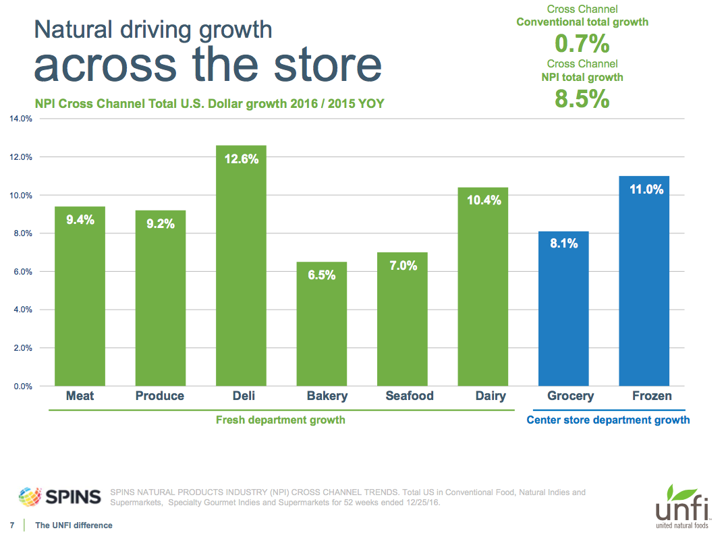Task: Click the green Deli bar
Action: pos(241,270)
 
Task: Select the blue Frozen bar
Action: pos(644,283)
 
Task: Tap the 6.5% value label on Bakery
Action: pos(321,275)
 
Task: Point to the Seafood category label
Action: pos(409,396)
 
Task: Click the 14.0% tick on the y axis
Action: pos(20,119)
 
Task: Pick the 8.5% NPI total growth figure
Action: pos(582,99)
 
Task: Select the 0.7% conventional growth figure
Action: pos(582,45)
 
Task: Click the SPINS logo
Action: pos(59,496)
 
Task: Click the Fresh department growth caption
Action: pos(280,420)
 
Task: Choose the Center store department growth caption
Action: pos(607,420)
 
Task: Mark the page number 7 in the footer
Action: pos(11,525)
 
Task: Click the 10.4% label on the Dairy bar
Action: pos(482,200)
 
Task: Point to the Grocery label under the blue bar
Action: pos(570,396)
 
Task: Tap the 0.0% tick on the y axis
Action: pos(22,387)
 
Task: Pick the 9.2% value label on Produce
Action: pos(160,223)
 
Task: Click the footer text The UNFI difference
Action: pos(74,525)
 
